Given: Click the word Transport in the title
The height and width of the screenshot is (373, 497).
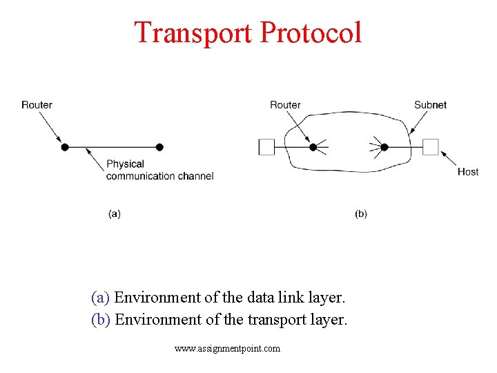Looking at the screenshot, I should pos(193,32).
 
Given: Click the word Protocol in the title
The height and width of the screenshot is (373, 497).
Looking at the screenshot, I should pos(311,32).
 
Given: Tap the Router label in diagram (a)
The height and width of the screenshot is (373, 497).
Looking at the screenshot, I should pos(37,105).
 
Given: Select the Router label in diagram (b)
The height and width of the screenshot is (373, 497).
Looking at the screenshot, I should pos(285,105).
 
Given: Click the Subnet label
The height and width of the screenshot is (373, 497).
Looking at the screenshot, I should pos(430,105).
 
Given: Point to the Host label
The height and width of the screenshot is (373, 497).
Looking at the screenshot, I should pos(468,171).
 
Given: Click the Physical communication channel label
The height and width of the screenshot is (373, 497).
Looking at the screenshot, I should pos(159,170).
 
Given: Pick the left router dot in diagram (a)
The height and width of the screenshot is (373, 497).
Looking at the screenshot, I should pos(65,147).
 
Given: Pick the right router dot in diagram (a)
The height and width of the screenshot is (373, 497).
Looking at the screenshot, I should pos(159,147).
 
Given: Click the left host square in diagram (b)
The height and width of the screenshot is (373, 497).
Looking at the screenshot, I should pos(266,147).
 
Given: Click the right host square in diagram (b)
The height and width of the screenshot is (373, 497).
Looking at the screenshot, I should pos(431,147).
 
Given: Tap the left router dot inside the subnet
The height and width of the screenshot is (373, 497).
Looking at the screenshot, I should pos(313,147).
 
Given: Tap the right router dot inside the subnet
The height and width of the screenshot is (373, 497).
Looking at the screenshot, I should pos(384,147).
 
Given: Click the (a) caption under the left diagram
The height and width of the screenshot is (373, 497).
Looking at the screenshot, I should pos(115,213).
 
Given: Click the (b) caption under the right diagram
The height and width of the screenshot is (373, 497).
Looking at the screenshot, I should pos(361,213).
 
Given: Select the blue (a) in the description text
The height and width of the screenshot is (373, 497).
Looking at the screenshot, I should pos(101,298).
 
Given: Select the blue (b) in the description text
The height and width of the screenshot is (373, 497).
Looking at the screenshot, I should pos(101,320).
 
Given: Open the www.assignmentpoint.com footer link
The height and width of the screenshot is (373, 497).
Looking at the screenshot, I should pos(228,349).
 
